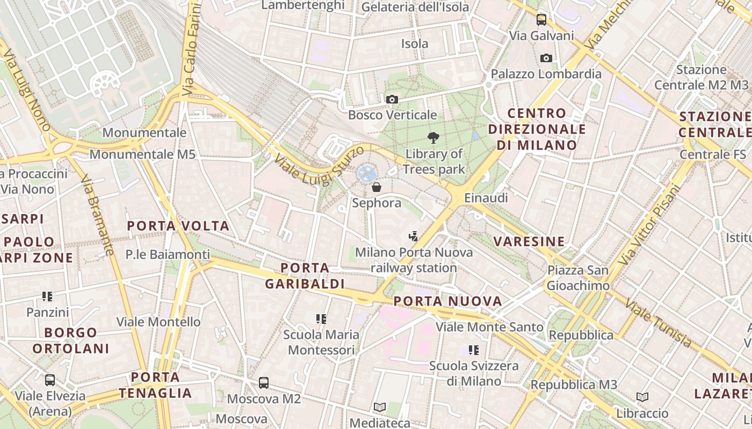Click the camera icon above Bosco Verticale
[x=392, y=99]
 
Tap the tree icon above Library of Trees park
[x=433, y=138]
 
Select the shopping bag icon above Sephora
[x=377, y=187]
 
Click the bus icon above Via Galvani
[x=541, y=20]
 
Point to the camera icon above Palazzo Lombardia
[x=546, y=58]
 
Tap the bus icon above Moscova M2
[x=264, y=383]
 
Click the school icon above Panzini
[x=47, y=296]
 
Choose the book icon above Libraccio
[x=642, y=397]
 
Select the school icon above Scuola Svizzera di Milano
[x=473, y=350]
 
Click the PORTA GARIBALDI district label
[x=305, y=276]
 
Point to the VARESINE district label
[x=529, y=241]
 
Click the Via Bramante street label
[x=97, y=214]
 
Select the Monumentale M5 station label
[x=142, y=154]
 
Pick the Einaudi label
[x=486, y=198]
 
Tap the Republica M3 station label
[x=574, y=385]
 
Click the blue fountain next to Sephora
[x=367, y=173]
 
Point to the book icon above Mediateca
[x=380, y=407]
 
